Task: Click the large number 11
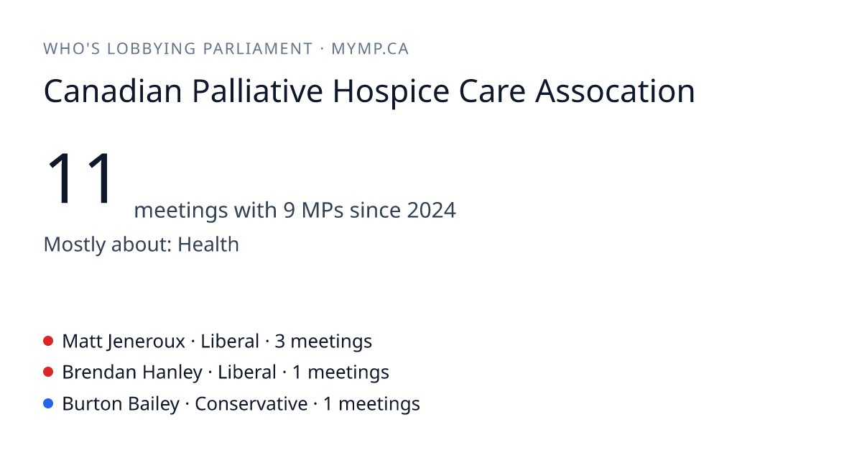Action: click(x=80, y=178)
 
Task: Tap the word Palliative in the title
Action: click(x=257, y=91)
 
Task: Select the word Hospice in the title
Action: click(x=391, y=93)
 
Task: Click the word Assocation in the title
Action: click(x=615, y=91)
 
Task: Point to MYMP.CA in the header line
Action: click(x=370, y=49)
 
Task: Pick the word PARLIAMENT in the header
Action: click(x=258, y=49)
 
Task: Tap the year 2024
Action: click(x=432, y=210)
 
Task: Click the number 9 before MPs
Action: click(x=289, y=210)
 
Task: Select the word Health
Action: click(x=208, y=244)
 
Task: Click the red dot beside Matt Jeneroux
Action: click(x=48, y=341)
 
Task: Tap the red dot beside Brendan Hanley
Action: click(x=48, y=372)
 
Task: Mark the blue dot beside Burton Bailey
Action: click(x=48, y=403)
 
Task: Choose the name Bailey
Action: click(x=154, y=404)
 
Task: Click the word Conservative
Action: click(x=251, y=404)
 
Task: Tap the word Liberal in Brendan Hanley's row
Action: click(x=247, y=372)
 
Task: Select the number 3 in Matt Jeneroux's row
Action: click(x=279, y=342)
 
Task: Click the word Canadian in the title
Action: click(x=113, y=91)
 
